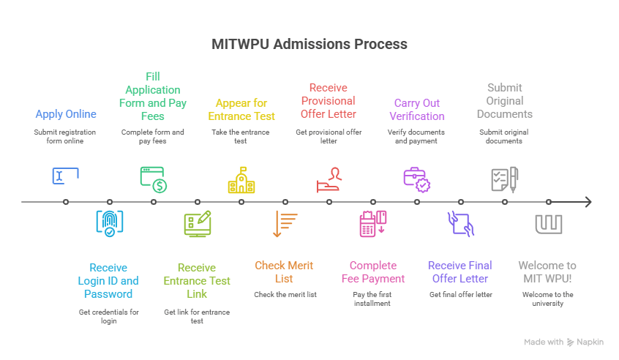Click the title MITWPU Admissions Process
point(309,44)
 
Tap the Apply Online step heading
point(66,114)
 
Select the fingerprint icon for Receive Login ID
point(110,223)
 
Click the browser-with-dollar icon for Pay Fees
point(154,179)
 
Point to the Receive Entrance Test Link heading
point(197,281)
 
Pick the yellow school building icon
point(241,180)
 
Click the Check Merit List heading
point(285,272)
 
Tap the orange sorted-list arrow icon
point(285,223)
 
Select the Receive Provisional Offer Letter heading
point(329,101)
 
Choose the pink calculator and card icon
point(373,223)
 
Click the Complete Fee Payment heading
point(373,272)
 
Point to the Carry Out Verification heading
point(417,110)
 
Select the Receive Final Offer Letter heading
point(460,272)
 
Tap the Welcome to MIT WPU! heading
point(547,272)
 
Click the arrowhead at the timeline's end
point(588,202)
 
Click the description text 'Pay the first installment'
point(373,299)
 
